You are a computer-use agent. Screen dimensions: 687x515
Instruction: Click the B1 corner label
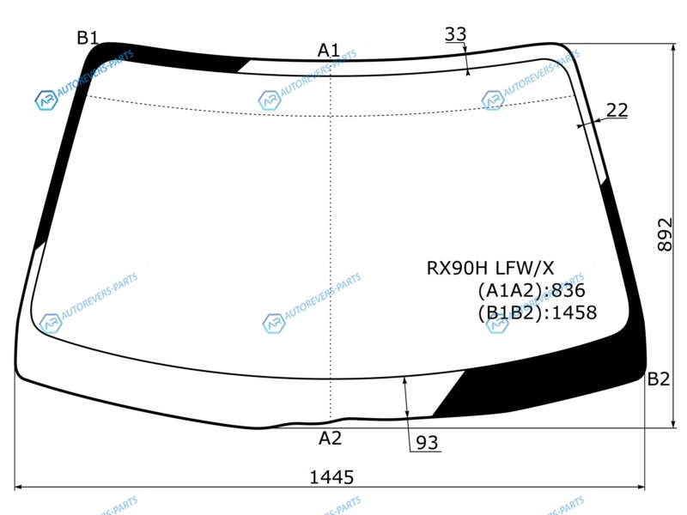pos(88,38)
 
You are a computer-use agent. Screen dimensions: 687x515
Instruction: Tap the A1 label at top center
pos(329,51)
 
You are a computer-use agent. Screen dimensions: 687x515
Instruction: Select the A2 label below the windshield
pos(330,438)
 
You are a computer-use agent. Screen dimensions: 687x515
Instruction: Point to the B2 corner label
pos(659,379)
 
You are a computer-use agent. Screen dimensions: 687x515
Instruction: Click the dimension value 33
pos(456,34)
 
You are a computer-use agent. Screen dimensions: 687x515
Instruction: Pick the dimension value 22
pos(617,111)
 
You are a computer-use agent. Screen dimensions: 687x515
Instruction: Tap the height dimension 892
pos(665,234)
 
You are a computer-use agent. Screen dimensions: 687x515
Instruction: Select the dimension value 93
pos(427,443)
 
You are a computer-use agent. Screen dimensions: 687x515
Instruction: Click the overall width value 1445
pos(331,477)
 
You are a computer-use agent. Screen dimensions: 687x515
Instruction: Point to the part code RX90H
pos(458,268)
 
